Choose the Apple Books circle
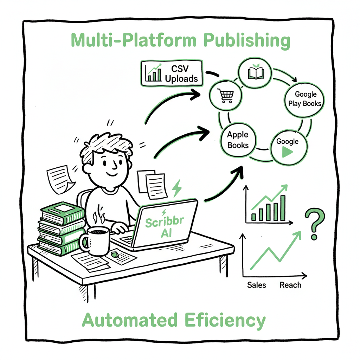[x=238, y=140]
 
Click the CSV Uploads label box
[x=172, y=73]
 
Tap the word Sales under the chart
[x=257, y=285]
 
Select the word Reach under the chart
[x=290, y=285]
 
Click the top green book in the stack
[x=62, y=212]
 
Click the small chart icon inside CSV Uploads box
[x=153, y=73]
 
